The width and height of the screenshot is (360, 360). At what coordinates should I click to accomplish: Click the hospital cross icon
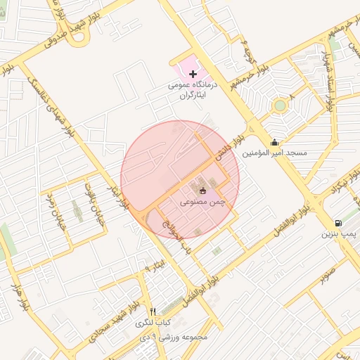click(x=193, y=74)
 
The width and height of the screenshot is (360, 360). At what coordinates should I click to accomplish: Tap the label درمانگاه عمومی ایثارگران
click(x=193, y=89)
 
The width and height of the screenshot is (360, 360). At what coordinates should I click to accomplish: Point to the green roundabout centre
click(x=280, y=106)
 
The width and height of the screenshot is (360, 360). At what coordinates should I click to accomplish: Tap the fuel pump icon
click(x=338, y=223)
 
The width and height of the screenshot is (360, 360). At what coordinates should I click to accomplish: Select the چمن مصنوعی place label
click(x=202, y=202)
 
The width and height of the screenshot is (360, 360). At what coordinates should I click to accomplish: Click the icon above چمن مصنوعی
click(x=202, y=191)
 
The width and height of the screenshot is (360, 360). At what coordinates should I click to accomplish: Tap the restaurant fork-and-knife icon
click(x=153, y=311)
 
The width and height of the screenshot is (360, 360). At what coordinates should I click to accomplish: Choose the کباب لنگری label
click(x=153, y=323)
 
